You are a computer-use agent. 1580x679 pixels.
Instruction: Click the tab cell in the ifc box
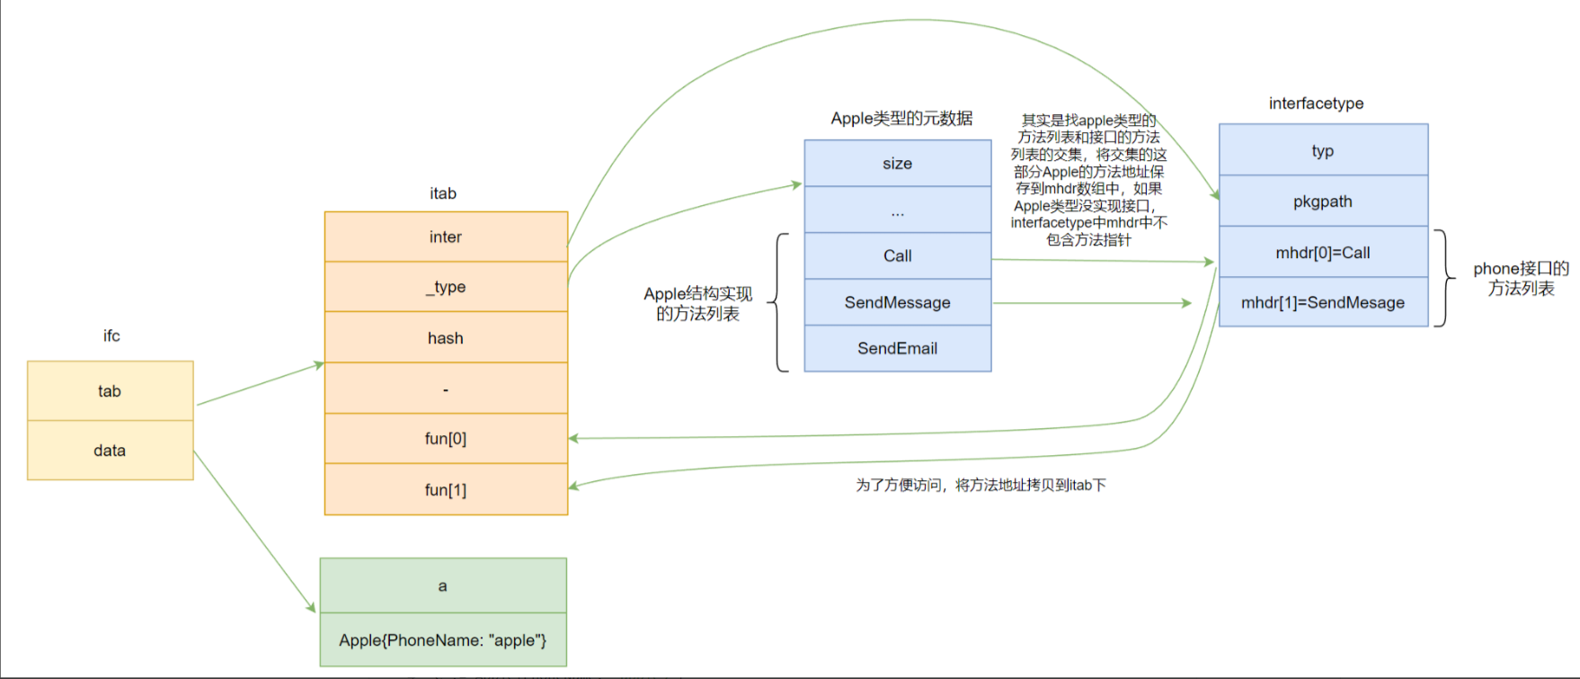tap(110, 391)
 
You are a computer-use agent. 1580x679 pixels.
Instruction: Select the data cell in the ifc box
tap(110, 451)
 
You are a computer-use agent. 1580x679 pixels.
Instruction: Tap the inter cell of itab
tap(446, 237)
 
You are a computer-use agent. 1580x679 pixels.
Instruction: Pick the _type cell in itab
tap(446, 287)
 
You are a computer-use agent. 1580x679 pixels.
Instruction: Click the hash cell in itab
tap(446, 337)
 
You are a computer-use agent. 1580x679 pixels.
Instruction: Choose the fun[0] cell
tap(446, 439)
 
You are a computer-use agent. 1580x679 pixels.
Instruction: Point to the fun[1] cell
tap(446, 489)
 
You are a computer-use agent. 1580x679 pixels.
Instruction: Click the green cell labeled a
tap(443, 585)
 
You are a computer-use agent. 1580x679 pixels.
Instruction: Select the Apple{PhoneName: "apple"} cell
tap(443, 640)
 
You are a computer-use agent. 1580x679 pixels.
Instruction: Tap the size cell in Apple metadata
tap(898, 163)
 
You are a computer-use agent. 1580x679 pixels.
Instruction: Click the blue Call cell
tap(898, 255)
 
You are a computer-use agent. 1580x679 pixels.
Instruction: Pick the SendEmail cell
tap(898, 348)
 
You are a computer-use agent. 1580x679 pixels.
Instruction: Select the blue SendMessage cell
tap(898, 302)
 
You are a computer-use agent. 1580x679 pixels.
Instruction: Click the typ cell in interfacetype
tap(1323, 150)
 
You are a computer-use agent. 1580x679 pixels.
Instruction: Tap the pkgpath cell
tap(1323, 201)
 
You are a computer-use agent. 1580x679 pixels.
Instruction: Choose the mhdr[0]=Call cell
tap(1323, 253)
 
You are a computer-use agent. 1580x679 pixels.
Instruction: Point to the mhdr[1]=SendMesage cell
tap(1323, 302)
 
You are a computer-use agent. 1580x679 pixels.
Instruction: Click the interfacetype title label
tap(1316, 103)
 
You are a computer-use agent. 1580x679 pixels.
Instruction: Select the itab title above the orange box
tap(443, 193)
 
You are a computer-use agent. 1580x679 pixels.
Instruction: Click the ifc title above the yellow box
tap(111, 335)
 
